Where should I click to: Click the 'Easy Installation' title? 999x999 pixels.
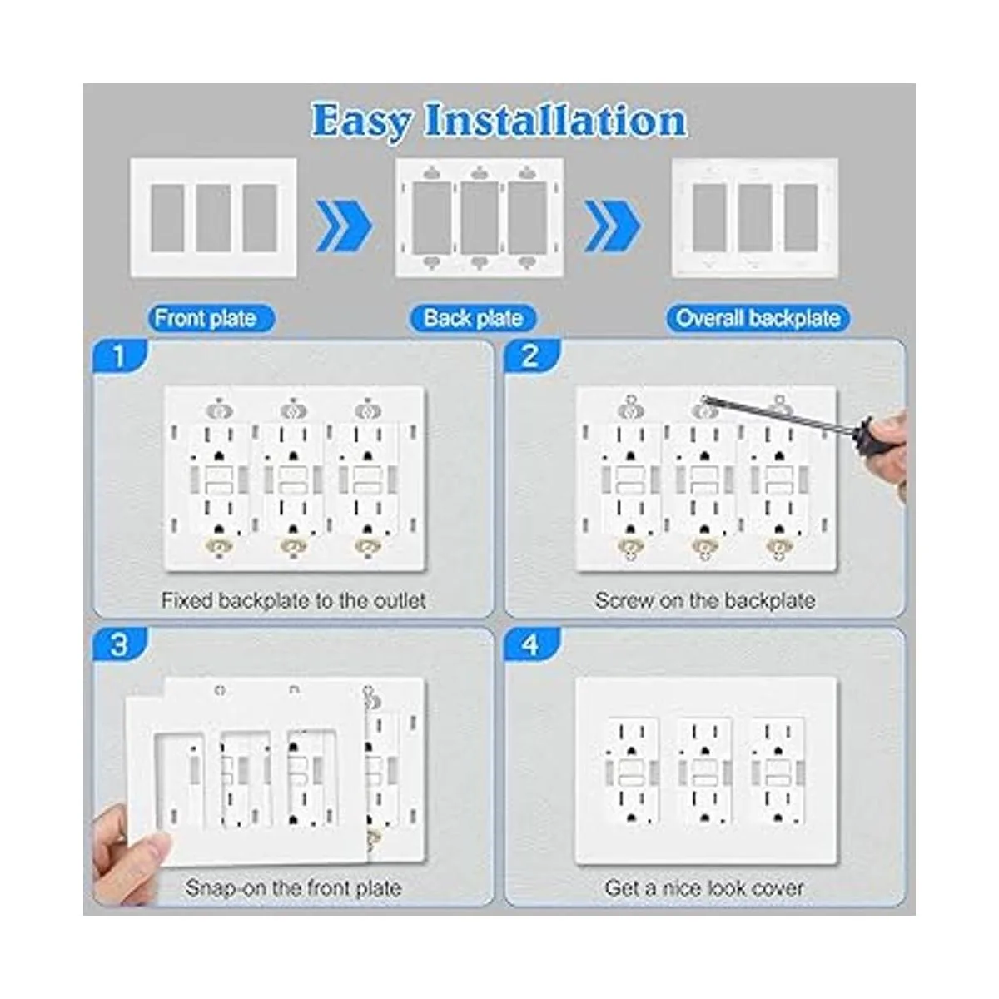499,122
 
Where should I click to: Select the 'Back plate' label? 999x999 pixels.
473,318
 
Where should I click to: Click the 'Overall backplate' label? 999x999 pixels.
758,318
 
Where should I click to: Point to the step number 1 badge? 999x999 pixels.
119,356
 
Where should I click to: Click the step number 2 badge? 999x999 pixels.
531,356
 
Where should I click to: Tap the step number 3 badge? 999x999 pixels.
119,645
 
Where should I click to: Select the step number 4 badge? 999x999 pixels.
531,645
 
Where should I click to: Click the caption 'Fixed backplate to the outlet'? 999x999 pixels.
293,601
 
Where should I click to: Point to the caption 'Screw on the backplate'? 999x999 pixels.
705,601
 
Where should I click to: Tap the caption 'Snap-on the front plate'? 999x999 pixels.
293,888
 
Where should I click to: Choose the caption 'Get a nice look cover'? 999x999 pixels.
704,888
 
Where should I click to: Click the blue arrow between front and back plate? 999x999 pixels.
344,226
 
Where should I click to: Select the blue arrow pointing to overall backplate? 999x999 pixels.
614,226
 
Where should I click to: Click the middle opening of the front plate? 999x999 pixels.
214,218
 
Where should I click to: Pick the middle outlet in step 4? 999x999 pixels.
704,772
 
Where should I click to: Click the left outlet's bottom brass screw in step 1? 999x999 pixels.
219,546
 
